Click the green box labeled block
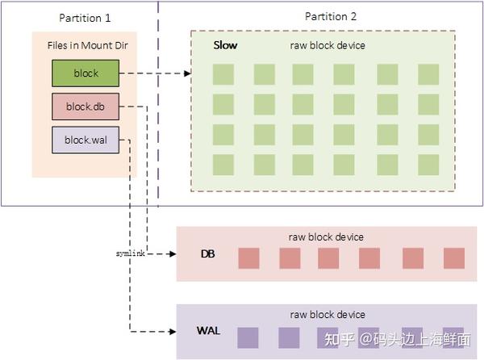86,73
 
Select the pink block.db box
86,106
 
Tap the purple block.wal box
86,139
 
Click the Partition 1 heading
85,17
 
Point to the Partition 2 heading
331,17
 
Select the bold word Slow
225,45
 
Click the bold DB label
208,253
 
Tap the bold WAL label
208,331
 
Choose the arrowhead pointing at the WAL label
172,331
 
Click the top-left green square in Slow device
224,74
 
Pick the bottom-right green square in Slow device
428,164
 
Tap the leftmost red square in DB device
249,258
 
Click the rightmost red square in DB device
454,258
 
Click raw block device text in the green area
327,46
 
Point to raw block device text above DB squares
326,237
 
